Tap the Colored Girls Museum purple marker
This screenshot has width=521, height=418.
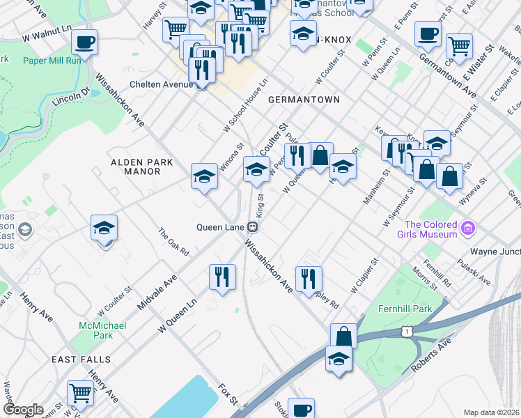467,228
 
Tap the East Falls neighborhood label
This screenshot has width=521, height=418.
81,359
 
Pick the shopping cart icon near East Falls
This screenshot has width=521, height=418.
80,394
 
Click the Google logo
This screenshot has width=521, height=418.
22,410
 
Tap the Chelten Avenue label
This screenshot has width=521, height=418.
161,84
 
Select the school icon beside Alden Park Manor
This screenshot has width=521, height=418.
204,176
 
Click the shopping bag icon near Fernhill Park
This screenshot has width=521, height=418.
343,336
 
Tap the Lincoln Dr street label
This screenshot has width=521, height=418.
71,97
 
